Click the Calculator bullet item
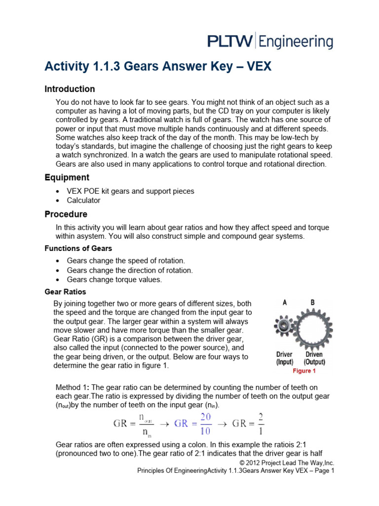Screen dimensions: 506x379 pyautogui.click(x=83, y=201)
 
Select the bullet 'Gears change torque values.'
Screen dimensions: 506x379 pyautogui.click(x=114, y=280)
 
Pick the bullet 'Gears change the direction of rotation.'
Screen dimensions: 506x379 pyautogui.click(x=130, y=270)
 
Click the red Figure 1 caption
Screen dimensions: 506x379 pyautogui.click(x=304, y=371)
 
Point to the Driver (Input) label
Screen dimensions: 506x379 pyautogui.click(x=284, y=358)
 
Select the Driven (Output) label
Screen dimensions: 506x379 pyautogui.click(x=314, y=358)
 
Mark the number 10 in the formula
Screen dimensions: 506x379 pyautogui.click(x=205, y=429)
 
